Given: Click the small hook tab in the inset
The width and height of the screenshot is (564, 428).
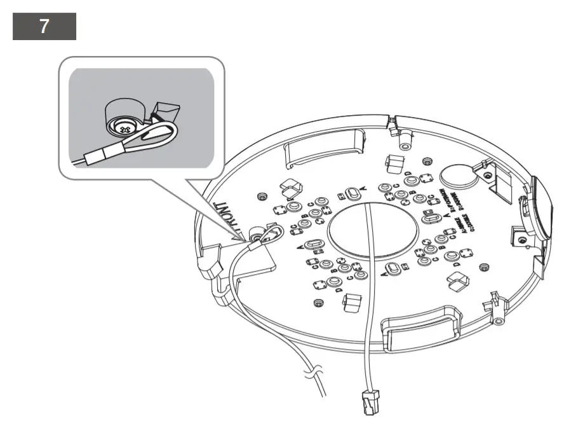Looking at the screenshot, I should [166, 114].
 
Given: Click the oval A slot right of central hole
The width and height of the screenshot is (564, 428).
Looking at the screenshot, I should [431, 219].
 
